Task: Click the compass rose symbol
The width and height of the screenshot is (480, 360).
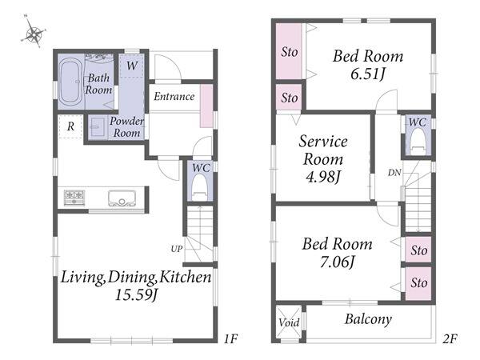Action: click(34, 31)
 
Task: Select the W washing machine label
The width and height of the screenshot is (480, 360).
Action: click(132, 66)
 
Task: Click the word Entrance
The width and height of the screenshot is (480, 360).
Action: click(174, 97)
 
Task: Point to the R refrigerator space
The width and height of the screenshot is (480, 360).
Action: click(70, 126)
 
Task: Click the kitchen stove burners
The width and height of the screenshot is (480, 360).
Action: click(74, 198)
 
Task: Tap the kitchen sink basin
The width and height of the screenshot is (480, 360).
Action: click(122, 198)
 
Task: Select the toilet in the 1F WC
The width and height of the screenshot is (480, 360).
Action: click(199, 187)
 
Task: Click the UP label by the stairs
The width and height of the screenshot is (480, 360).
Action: click(177, 250)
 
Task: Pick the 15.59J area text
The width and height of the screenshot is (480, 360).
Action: click(136, 295)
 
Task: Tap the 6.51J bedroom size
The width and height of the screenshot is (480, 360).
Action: click(367, 74)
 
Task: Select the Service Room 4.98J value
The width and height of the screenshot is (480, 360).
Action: click(322, 177)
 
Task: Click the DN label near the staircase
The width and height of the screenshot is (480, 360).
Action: click(394, 173)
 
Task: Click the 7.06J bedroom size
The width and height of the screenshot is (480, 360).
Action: click(337, 262)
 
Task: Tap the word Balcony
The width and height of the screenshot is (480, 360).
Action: click(368, 319)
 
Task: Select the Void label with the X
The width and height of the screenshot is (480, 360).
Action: click(289, 322)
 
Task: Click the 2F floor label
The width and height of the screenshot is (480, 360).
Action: click(450, 339)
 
